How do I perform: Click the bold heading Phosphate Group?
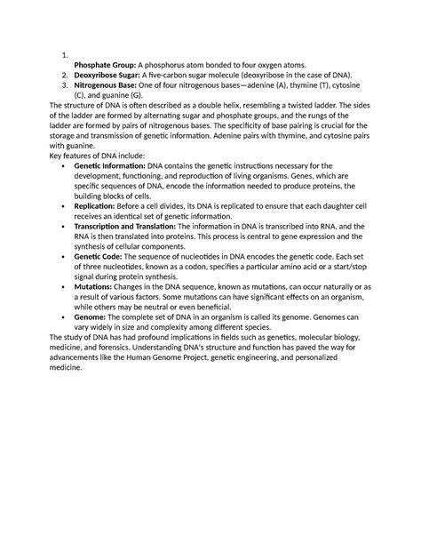point(99,65)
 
